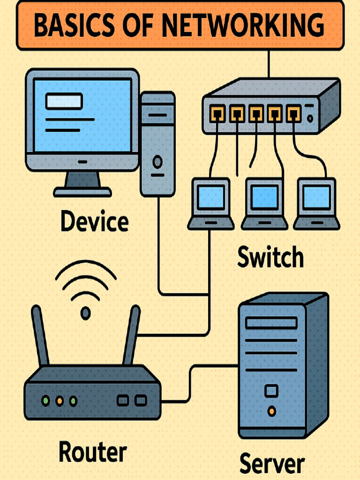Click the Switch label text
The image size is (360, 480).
click(x=270, y=257)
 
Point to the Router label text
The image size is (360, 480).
click(x=92, y=452)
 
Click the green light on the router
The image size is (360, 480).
click(x=45, y=401)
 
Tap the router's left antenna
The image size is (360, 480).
click(x=40, y=336)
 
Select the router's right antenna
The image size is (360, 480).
click(x=132, y=336)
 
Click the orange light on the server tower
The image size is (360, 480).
click(x=271, y=411)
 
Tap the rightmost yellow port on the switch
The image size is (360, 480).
click(x=293, y=112)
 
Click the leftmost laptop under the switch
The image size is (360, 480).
click(x=211, y=204)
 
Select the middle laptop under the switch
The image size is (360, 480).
click(x=264, y=204)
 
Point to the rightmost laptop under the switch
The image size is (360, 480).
click(x=317, y=204)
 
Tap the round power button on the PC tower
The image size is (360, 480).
click(x=157, y=162)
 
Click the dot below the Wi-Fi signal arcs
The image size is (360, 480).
click(x=85, y=313)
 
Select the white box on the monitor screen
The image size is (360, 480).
click(x=64, y=101)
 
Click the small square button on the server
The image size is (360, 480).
click(x=271, y=390)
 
